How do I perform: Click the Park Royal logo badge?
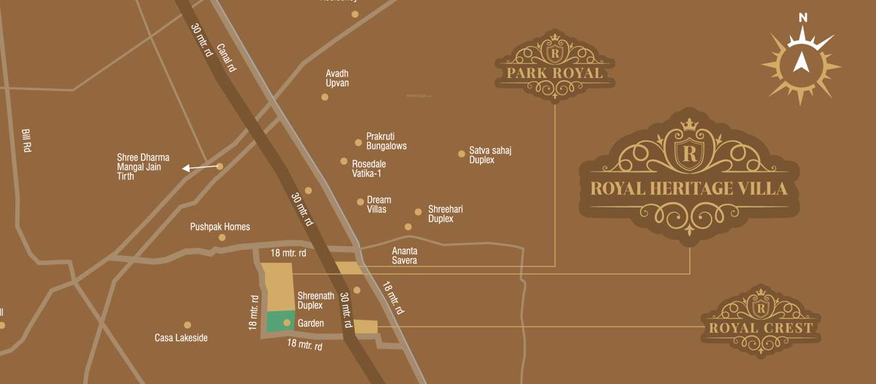(x=555, y=66)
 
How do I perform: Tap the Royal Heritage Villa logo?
(x=688, y=176)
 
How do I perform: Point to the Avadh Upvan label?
(x=337, y=78)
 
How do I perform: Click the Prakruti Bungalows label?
(x=386, y=141)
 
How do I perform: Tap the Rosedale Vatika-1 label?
(x=368, y=168)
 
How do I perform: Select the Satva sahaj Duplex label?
(x=490, y=155)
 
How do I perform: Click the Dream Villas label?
(x=379, y=204)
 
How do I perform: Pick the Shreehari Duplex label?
(x=445, y=214)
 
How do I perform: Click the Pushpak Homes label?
(x=220, y=227)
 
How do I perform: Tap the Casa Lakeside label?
(x=181, y=338)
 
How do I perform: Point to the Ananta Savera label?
(x=405, y=256)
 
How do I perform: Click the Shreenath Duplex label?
(x=310, y=300)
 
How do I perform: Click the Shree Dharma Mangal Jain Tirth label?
(x=143, y=166)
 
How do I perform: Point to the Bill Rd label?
(x=27, y=140)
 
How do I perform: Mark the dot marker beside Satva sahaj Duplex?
(x=462, y=154)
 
